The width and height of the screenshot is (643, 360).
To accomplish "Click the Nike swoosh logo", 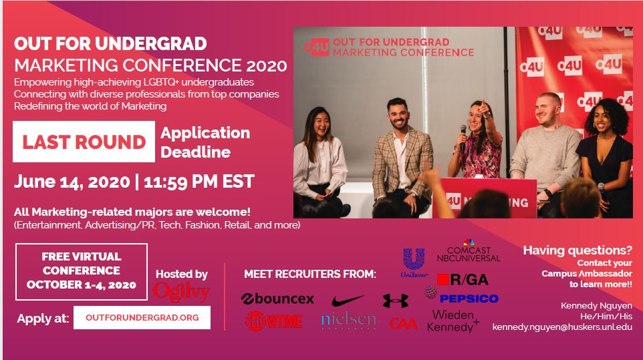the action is pos(348,301).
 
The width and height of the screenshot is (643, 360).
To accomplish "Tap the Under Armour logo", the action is pos(395,301).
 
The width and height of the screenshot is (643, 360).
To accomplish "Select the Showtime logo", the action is pos(274,321).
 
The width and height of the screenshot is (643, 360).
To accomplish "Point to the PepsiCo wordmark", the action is pos(469,299).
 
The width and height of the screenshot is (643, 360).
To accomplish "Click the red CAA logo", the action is pos(403,324).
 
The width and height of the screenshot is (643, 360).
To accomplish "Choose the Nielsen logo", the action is pos(348,321).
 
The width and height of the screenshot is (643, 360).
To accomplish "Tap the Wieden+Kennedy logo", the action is pos(453,321).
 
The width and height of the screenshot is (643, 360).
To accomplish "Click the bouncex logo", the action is pos(277,299).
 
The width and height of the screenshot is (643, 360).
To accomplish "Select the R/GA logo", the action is pos(463,280).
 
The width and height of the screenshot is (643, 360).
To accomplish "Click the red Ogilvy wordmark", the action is pos(181,292).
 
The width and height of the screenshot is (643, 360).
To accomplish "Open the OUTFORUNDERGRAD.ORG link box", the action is pos(142,317).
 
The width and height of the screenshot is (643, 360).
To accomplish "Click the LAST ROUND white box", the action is pos(84,142).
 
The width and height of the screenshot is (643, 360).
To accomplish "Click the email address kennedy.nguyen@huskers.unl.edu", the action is pos(562,327).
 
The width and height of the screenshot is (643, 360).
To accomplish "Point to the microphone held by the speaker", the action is pos(463,138).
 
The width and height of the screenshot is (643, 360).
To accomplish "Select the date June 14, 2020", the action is pos(72,182).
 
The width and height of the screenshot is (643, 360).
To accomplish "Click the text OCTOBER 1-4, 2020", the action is pos(81,285).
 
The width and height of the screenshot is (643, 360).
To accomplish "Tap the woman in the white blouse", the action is pos(320,162).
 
